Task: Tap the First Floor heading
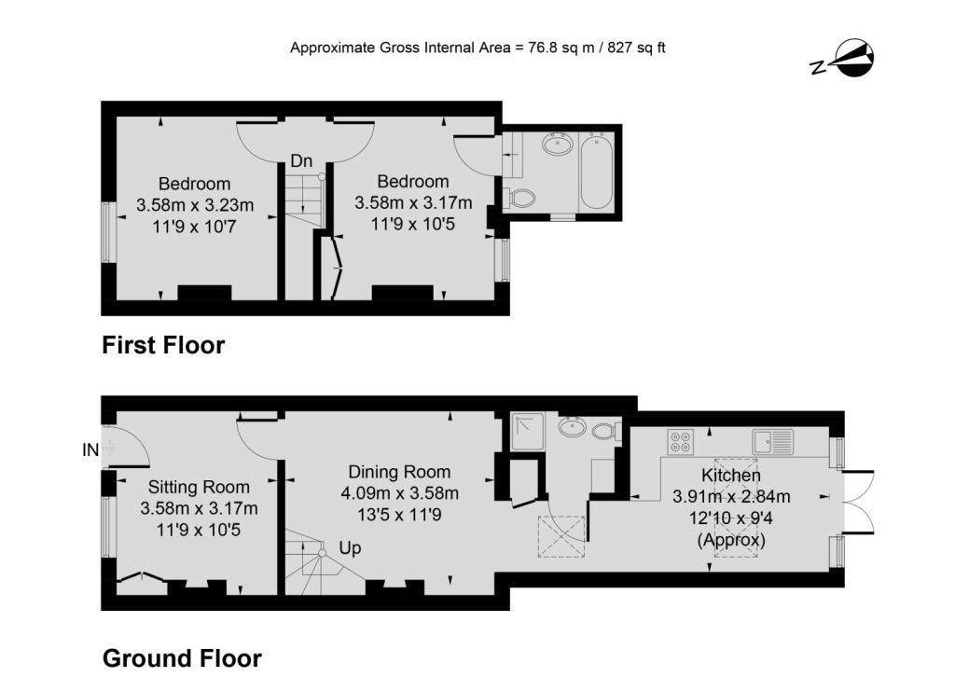click(x=163, y=345)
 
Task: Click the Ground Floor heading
click(x=182, y=658)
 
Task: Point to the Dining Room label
click(x=399, y=472)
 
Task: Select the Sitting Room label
click(x=199, y=487)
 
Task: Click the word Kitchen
click(x=731, y=475)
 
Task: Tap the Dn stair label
click(x=301, y=160)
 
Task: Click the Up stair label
click(x=351, y=548)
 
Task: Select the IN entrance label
click(x=90, y=449)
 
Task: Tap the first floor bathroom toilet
click(x=519, y=198)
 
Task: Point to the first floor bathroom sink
click(x=558, y=145)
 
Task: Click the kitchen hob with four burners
click(x=680, y=442)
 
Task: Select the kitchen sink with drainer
click(x=773, y=442)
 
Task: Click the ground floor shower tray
click(x=528, y=432)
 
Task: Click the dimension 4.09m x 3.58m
click(x=399, y=493)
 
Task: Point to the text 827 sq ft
click(x=636, y=48)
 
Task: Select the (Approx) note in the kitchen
click(x=731, y=540)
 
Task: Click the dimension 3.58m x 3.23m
click(x=195, y=205)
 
